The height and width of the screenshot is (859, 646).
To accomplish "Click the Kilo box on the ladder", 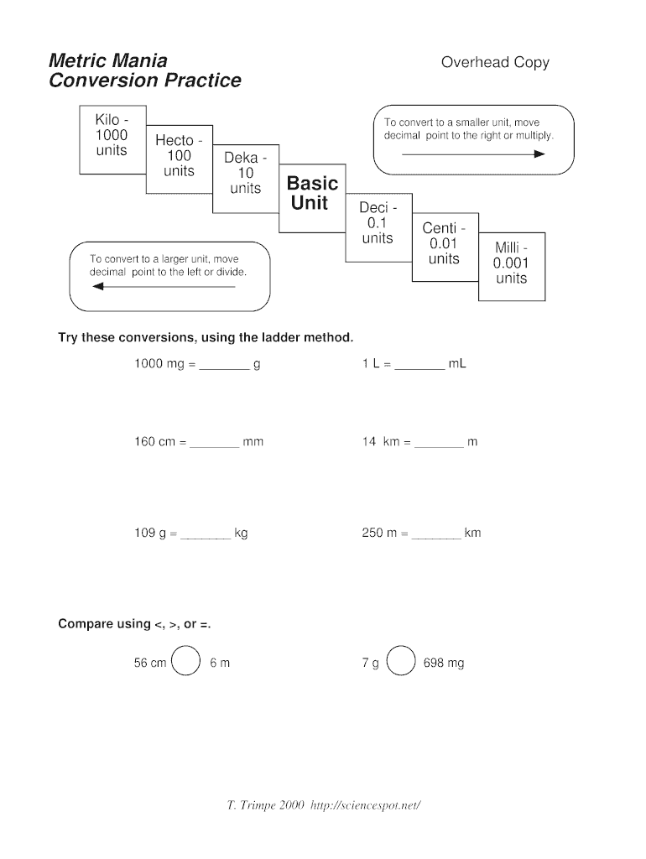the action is pyautogui.click(x=113, y=140).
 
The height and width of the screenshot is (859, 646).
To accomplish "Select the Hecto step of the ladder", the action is pyautogui.click(x=180, y=159).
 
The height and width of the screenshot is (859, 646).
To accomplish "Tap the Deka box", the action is pyautogui.click(x=246, y=179).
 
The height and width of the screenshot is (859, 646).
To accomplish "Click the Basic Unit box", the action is pyautogui.click(x=312, y=198).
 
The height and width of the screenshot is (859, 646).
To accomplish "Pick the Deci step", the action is pyautogui.click(x=378, y=227).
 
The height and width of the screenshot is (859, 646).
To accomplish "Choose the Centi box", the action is pyautogui.click(x=445, y=247).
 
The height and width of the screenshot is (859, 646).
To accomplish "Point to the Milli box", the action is pyautogui.click(x=512, y=267).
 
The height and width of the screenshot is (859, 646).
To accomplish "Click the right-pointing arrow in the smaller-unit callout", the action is pyautogui.click(x=473, y=154).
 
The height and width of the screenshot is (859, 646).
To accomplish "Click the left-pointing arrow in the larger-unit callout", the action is pyautogui.click(x=164, y=287).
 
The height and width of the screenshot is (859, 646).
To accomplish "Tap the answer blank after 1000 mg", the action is pyautogui.click(x=224, y=370).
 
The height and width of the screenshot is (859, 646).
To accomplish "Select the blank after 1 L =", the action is pyautogui.click(x=419, y=370).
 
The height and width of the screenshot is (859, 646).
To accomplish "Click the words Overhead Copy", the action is pyautogui.click(x=495, y=62).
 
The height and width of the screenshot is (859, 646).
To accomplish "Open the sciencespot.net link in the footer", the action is pyautogui.click(x=366, y=805).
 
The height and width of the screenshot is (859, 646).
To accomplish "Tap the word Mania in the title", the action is pyautogui.click(x=138, y=60).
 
